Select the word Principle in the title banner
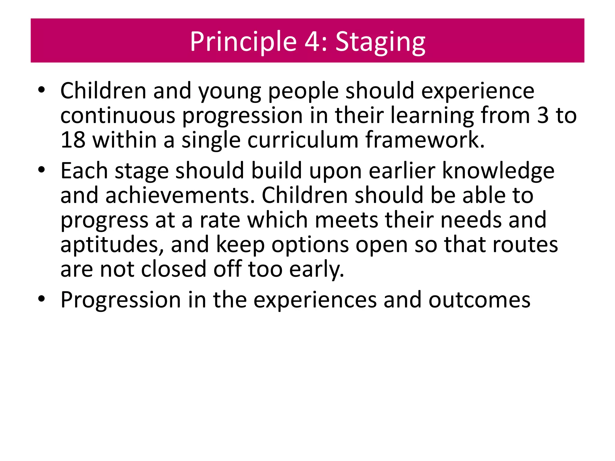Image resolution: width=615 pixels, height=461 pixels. tap(243, 42)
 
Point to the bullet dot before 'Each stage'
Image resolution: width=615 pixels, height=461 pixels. tap(41, 170)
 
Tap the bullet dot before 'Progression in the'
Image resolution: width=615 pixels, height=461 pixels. tap(41, 299)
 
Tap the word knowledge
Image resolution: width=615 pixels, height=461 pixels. tap(498, 171)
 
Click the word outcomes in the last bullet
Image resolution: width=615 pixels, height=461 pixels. tap(479, 300)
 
